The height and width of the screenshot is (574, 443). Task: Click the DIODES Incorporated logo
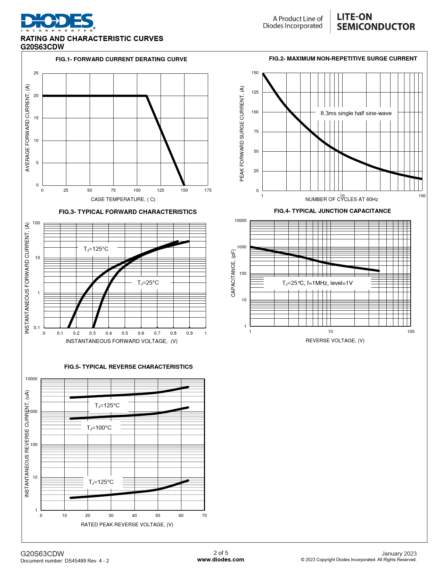click(x=58, y=22)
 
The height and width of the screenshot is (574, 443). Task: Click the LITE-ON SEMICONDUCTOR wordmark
click(x=376, y=22)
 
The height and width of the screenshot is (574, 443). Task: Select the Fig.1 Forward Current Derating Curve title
click(x=121, y=59)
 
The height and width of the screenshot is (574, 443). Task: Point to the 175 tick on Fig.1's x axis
click(x=208, y=190)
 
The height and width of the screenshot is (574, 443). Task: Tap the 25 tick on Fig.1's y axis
click(x=36, y=73)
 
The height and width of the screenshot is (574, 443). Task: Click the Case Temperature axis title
click(x=123, y=199)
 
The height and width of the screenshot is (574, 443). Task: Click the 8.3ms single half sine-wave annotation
click(x=356, y=113)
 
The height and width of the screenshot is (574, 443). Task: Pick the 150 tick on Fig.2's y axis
click(x=255, y=73)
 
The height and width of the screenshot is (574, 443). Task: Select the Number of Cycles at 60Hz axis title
click(x=342, y=199)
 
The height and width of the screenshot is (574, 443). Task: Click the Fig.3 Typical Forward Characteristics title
click(x=128, y=212)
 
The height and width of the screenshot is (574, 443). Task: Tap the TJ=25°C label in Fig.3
click(x=148, y=283)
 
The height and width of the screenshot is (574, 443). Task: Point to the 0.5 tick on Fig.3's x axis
click(x=125, y=333)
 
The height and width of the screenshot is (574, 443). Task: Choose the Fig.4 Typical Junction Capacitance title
click(x=332, y=211)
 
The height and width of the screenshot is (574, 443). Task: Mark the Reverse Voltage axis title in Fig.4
click(x=335, y=341)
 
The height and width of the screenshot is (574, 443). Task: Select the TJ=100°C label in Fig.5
click(x=99, y=428)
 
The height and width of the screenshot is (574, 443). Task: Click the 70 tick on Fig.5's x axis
click(x=204, y=516)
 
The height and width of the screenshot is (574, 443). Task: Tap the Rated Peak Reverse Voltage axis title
click(x=127, y=525)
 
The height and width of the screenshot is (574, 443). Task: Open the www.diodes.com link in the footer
click(x=221, y=560)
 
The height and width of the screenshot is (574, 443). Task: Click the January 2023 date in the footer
click(x=399, y=553)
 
